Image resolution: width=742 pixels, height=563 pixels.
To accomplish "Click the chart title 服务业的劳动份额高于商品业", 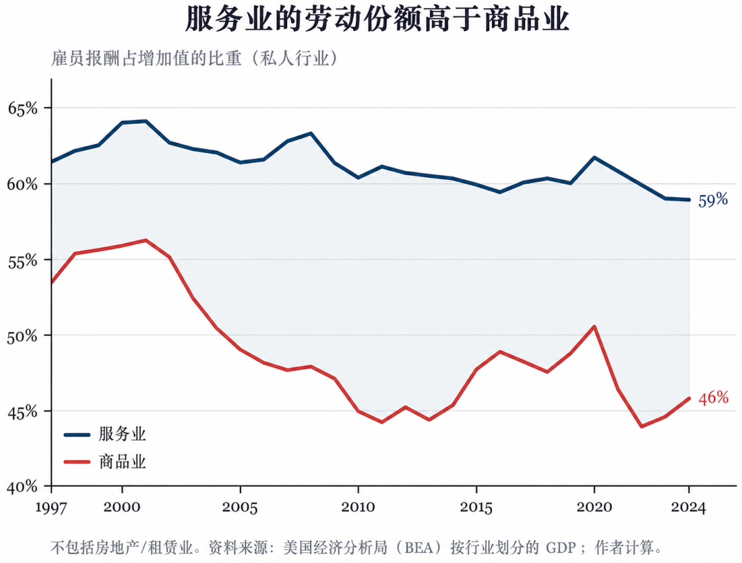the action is pyautogui.click(x=376, y=19).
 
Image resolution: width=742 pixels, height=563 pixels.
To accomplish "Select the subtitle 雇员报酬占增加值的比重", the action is pyautogui.click(x=146, y=58).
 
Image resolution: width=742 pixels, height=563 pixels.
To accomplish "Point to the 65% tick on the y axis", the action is pyautogui.click(x=23, y=108).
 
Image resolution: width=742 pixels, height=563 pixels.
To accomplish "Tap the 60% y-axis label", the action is pyautogui.click(x=23, y=184).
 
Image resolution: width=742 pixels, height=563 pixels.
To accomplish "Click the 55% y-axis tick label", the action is pyautogui.click(x=23, y=260).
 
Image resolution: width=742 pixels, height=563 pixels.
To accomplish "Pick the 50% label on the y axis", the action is pyautogui.click(x=23, y=336).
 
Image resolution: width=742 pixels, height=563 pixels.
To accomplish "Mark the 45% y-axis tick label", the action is pyautogui.click(x=23, y=411).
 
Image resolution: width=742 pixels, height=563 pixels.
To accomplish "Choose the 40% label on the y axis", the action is pyautogui.click(x=23, y=486).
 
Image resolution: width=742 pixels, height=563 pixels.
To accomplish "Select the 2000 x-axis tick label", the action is pyautogui.click(x=122, y=507).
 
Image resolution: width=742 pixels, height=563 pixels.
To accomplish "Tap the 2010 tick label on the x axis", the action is pyautogui.click(x=358, y=507).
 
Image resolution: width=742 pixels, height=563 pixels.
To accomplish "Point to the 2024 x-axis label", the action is pyautogui.click(x=688, y=507).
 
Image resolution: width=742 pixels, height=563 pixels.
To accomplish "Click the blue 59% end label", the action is pyautogui.click(x=713, y=200).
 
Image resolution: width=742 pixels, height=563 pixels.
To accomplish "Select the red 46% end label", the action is pyautogui.click(x=713, y=398).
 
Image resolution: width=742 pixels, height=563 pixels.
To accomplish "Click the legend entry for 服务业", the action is pyautogui.click(x=105, y=434).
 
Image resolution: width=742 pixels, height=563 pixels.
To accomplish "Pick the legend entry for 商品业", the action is pyautogui.click(x=105, y=461).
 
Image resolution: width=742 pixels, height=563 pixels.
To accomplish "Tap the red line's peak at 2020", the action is pyautogui.click(x=594, y=326).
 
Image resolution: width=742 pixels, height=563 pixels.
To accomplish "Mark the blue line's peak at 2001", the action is pyautogui.click(x=145, y=121).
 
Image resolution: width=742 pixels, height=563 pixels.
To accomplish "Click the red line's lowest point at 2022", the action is pyautogui.click(x=642, y=426).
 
